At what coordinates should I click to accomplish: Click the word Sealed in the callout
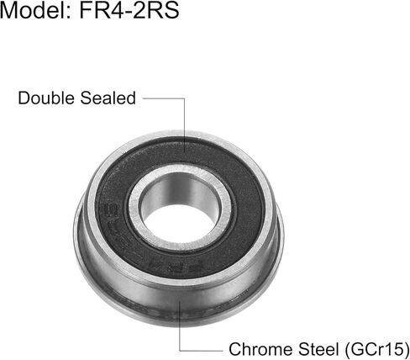[x=108, y=98]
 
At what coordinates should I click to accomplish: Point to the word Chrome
[x=255, y=347]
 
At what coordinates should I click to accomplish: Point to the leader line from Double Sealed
[x=164, y=98]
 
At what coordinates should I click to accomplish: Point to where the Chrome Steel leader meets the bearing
[x=179, y=301]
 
